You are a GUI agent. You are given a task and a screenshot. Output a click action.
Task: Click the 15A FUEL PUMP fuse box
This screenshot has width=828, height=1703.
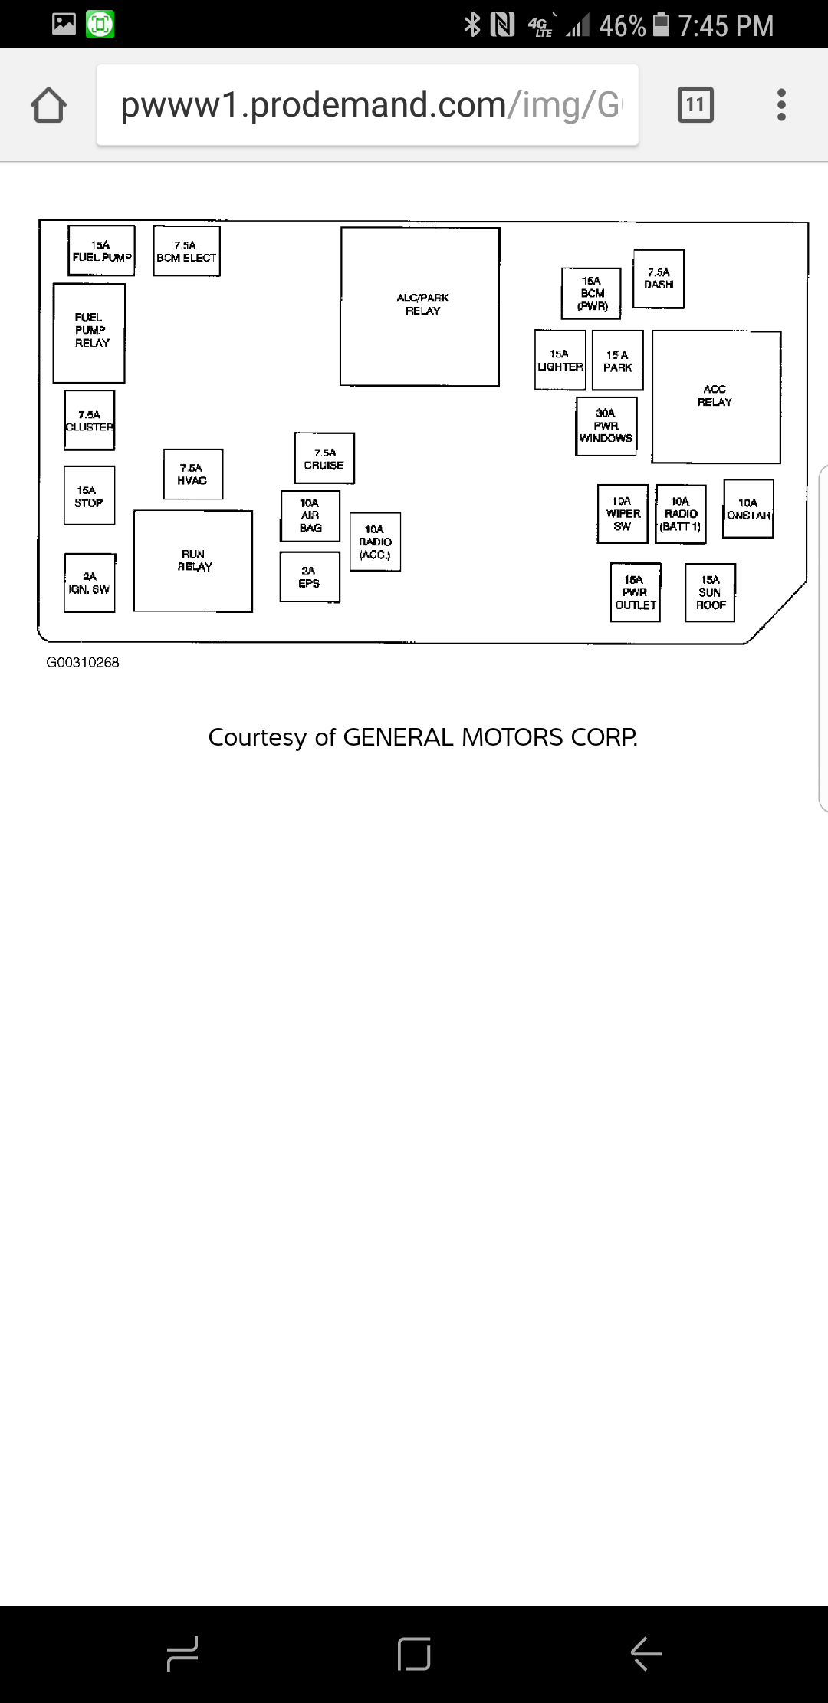coord(101,251)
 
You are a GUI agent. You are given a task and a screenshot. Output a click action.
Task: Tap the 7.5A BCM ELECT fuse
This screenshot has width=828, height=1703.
coord(186,252)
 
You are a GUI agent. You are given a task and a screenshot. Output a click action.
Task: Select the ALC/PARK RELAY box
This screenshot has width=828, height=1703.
coord(420,306)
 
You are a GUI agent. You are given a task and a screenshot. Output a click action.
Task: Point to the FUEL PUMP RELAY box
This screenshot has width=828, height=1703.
coord(89,333)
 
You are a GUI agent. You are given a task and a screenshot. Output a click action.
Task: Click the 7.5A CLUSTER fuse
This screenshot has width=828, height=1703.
coord(90,420)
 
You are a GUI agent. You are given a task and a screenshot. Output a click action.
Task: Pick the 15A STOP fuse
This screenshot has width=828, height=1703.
coord(90,496)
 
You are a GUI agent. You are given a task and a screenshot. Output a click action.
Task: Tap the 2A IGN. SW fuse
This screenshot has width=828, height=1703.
coord(90,583)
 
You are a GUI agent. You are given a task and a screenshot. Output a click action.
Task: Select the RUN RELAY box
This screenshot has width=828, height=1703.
coord(193,561)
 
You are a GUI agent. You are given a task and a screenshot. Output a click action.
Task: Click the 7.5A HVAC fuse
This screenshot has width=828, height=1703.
coord(192,474)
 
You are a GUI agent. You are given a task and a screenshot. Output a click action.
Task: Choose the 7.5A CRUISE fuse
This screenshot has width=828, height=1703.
coord(324,459)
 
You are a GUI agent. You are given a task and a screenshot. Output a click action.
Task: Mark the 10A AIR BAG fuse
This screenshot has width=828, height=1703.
coord(310,516)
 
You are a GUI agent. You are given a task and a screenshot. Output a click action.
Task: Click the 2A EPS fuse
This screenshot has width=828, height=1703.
coord(309,577)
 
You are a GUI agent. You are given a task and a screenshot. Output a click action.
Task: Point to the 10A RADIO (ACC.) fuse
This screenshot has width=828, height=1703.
coord(375,542)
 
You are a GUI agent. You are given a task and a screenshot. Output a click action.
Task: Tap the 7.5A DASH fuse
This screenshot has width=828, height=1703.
coord(659,278)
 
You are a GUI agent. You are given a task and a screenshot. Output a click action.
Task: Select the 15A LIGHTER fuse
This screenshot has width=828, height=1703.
coord(560,361)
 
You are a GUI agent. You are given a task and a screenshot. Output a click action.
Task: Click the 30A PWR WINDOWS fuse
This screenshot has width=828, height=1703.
coord(606,426)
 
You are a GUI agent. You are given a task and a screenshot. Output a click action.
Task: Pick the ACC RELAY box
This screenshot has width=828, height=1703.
coord(716,397)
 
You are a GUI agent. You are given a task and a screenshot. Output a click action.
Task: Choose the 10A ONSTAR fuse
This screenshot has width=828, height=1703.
coord(748,509)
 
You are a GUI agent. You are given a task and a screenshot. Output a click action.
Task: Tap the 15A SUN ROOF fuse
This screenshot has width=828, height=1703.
coord(710,592)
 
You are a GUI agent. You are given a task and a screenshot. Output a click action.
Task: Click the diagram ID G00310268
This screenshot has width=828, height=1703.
coord(83,663)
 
